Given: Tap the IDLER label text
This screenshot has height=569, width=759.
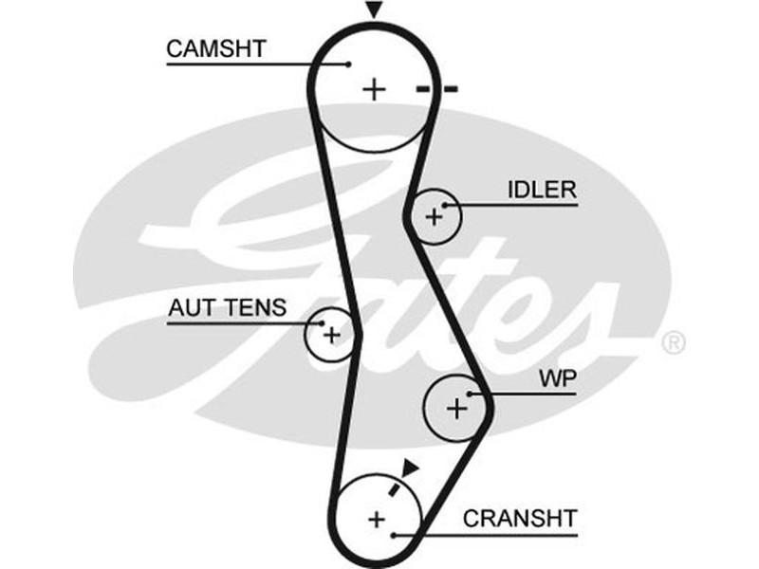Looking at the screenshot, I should [x=542, y=189].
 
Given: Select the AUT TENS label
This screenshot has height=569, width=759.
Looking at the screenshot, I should [x=226, y=307].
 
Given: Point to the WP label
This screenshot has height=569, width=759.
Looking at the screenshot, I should [x=558, y=378].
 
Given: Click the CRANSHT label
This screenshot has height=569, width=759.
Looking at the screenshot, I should [x=519, y=519].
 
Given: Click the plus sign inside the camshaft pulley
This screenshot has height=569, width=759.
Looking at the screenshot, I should [x=376, y=89].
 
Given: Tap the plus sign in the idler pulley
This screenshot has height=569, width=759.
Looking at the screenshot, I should [x=434, y=217].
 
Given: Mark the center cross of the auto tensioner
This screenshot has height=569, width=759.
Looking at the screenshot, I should [x=330, y=335].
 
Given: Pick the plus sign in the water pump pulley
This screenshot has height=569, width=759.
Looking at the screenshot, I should [x=457, y=409].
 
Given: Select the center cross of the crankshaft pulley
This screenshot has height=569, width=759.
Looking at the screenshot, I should [x=377, y=519].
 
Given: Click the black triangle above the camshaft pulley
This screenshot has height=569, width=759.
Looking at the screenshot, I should [x=375, y=10].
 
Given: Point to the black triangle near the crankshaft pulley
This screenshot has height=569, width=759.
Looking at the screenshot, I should [x=410, y=467].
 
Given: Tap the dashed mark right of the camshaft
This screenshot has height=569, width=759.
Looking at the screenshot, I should [x=436, y=89].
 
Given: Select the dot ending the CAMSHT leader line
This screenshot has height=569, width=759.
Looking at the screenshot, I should [x=348, y=64].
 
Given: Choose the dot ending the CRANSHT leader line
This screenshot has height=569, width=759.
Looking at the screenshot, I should [x=394, y=534].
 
